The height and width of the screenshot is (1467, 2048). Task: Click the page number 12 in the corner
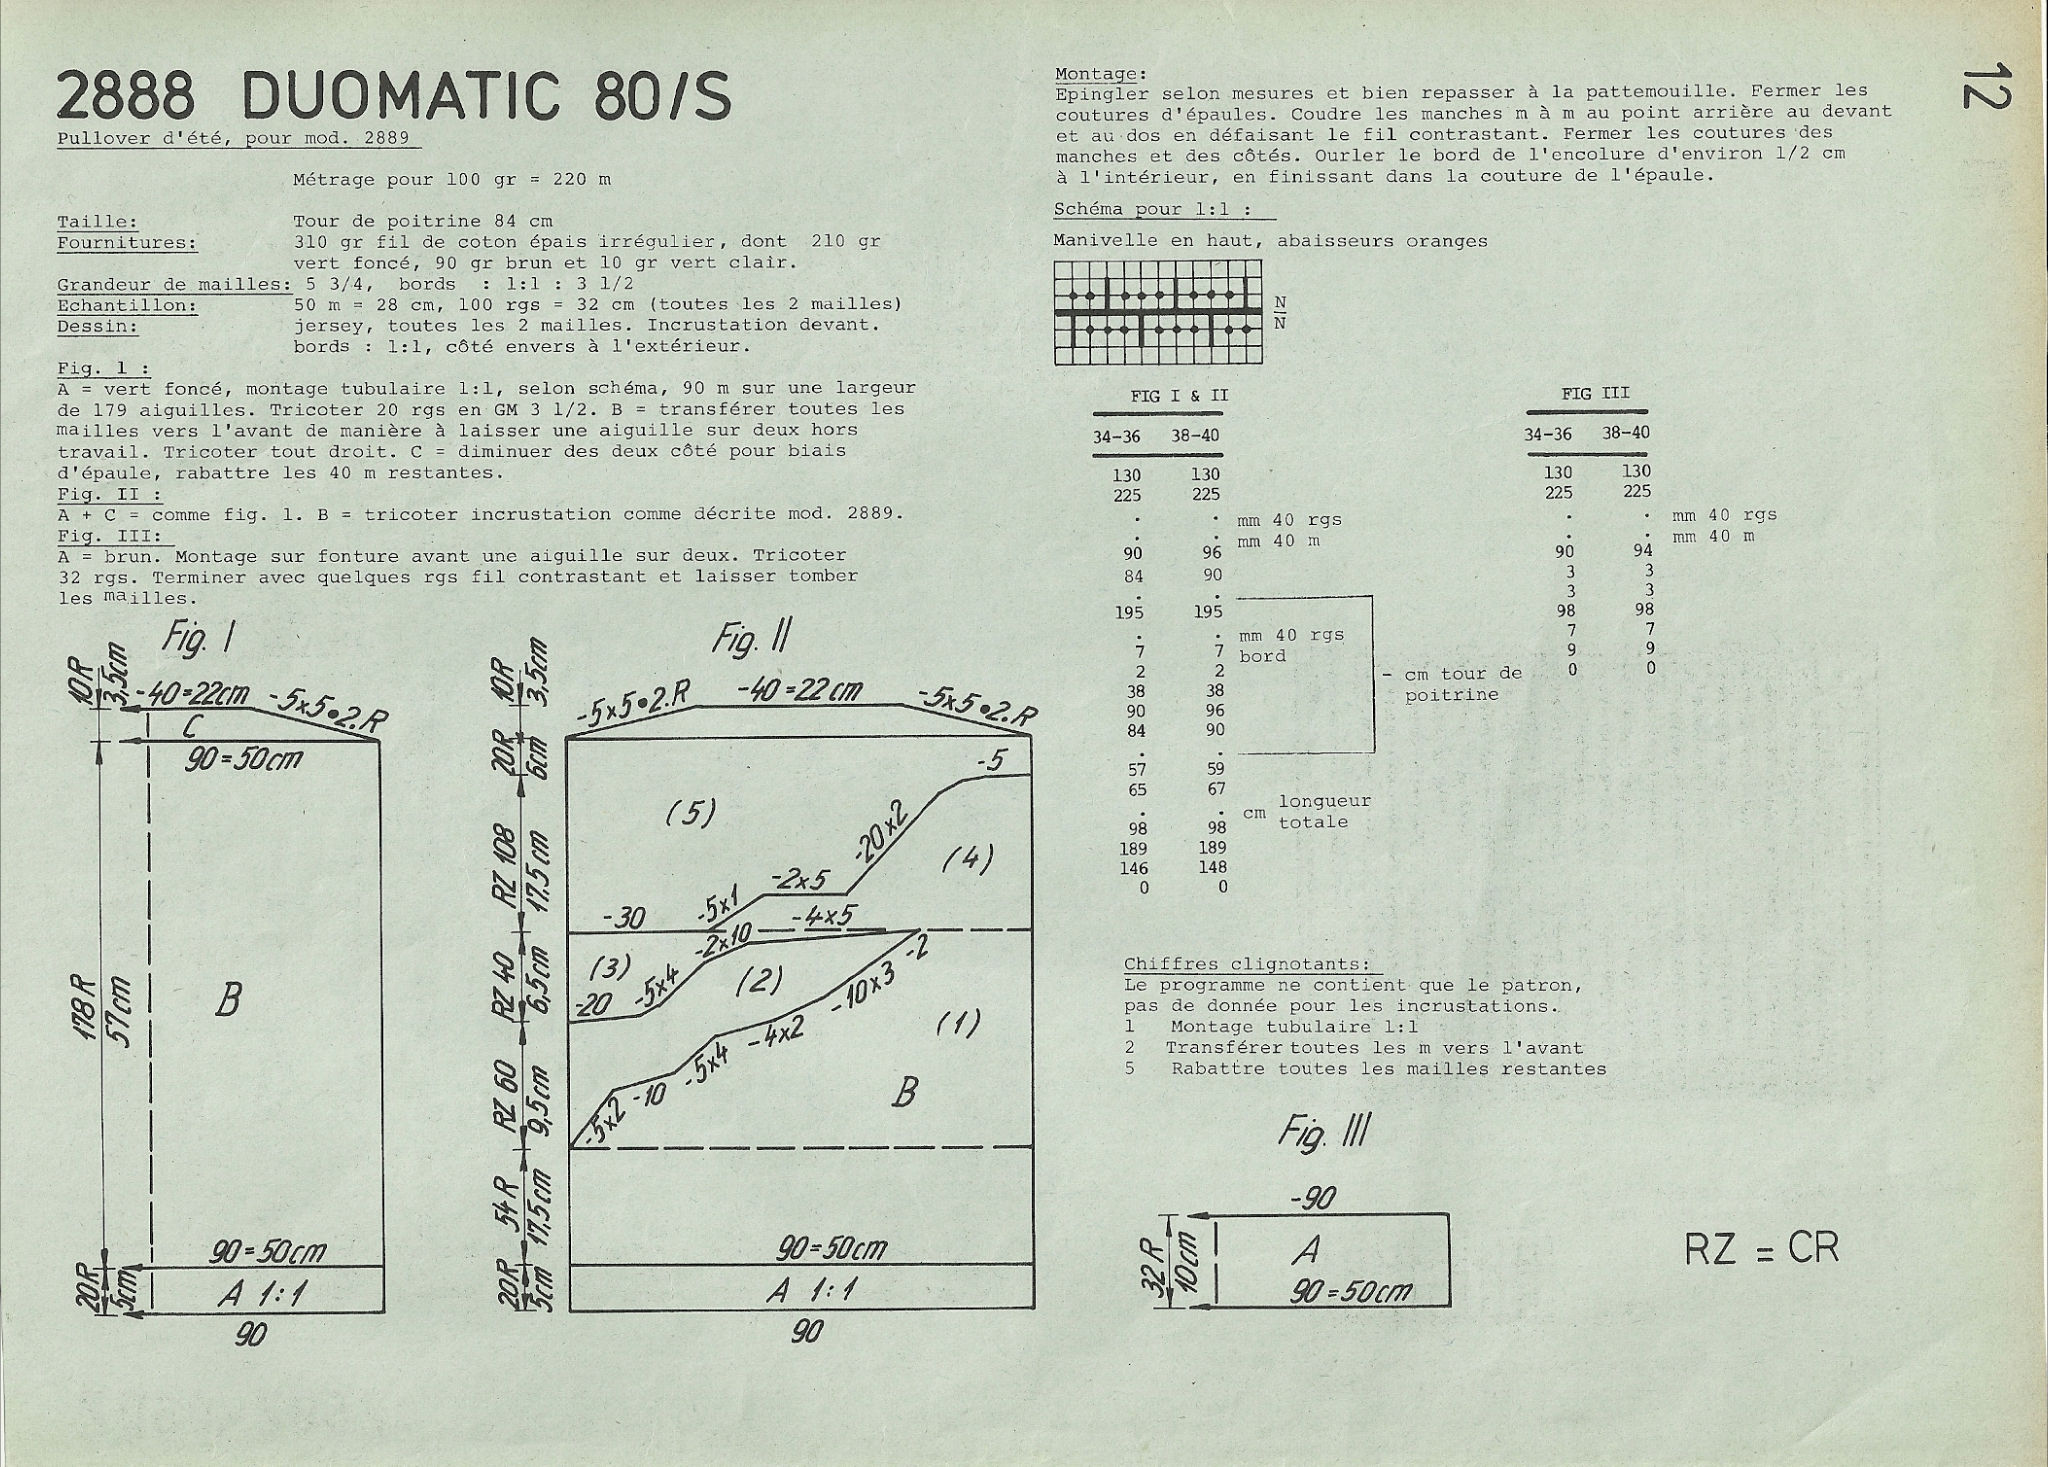tap(1985, 87)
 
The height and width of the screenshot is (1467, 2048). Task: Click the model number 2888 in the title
tap(125, 97)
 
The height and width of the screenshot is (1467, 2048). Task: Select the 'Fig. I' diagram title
tap(197, 639)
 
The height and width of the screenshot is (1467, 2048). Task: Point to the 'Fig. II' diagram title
tap(751, 639)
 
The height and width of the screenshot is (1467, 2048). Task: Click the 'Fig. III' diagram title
tap(1324, 1134)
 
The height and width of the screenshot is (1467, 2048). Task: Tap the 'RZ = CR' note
tap(1762, 1249)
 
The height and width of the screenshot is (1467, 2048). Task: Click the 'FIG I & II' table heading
tap(1179, 395)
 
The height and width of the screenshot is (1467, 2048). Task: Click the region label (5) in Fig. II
tap(691, 814)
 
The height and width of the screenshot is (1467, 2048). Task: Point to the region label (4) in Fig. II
tap(968, 859)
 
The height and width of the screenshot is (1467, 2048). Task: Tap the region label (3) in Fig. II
tap(609, 967)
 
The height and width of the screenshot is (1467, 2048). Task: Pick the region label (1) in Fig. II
tap(958, 1024)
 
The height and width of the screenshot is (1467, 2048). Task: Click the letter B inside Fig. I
tap(227, 999)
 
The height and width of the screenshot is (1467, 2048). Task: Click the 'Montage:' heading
tap(1101, 74)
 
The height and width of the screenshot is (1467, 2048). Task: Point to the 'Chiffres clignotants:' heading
tap(1246, 965)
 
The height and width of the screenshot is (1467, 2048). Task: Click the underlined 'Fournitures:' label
tap(126, 243)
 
